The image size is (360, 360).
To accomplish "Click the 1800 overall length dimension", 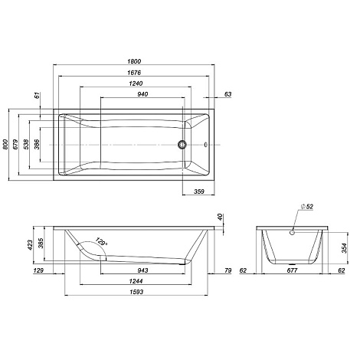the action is tap(134, 61).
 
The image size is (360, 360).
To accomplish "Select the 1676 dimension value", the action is tap(134, 73).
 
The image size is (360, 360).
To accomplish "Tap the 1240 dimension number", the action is tap(136, 83).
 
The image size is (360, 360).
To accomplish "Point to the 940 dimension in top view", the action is tap(142, 94).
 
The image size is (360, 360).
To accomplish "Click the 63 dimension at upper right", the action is tap(227, 94).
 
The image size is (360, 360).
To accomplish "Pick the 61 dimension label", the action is tap(38, 96).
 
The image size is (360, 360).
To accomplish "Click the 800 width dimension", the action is tap(5, 145).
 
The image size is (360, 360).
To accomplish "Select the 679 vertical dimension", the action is tap(15, 145).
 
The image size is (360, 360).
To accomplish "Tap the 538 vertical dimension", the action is tap(26, 145).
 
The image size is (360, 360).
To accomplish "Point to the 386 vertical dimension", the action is tap(37, 145).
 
